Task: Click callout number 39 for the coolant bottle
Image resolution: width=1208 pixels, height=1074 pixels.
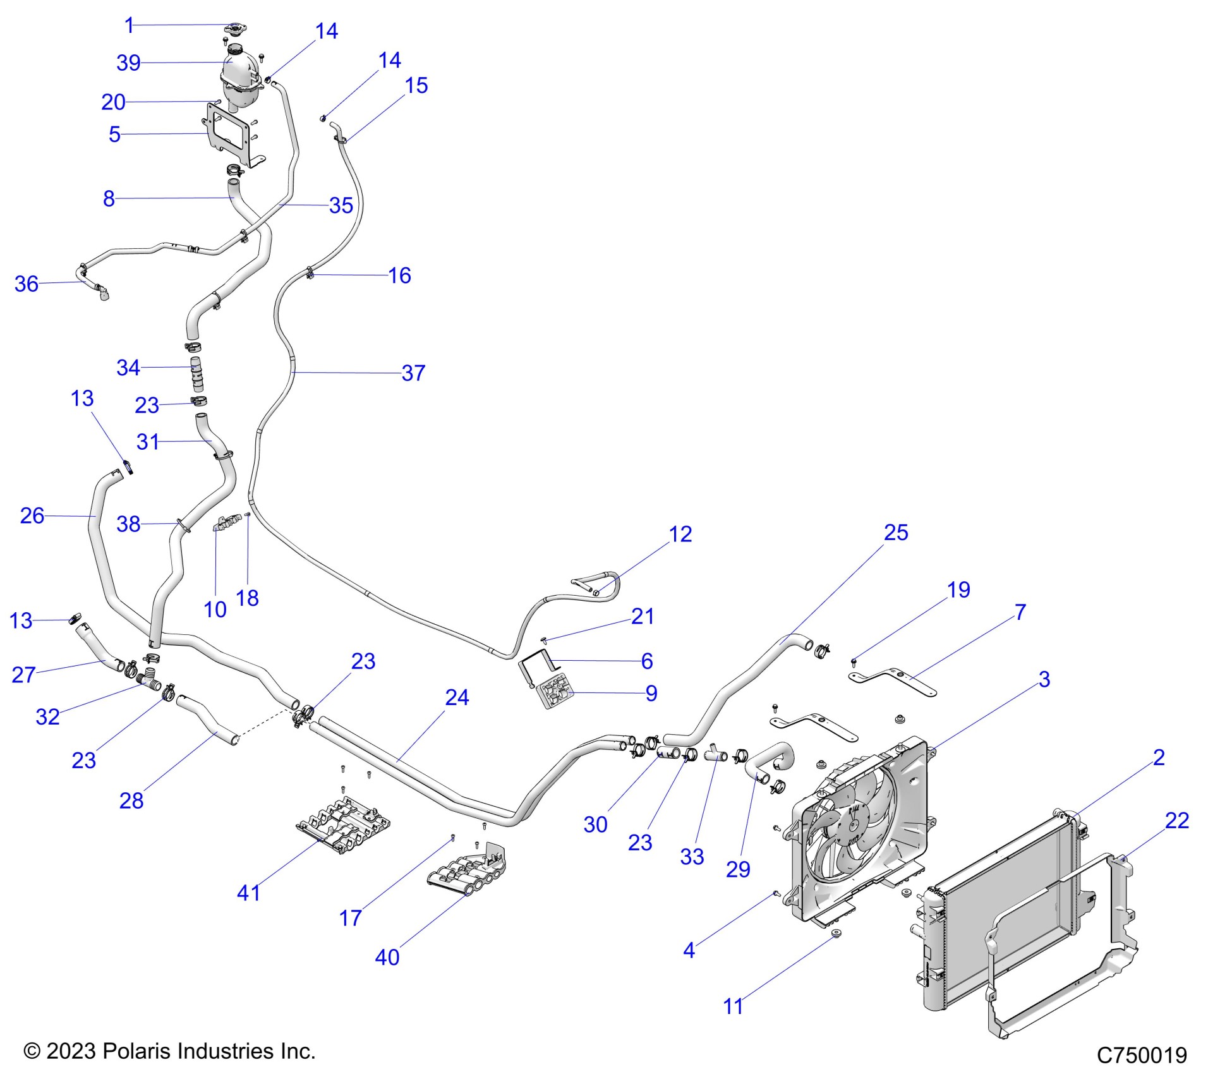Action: click(128, 63)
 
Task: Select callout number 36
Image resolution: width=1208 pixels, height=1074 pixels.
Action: click(27, 284)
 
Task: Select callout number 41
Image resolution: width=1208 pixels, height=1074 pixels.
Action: click(248, 893)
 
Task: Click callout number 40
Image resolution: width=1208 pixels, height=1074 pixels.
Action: click(387, 957)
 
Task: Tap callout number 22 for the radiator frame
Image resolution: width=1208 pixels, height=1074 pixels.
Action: click(1177, 821)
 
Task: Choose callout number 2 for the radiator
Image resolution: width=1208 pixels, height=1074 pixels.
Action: click(1159, 757)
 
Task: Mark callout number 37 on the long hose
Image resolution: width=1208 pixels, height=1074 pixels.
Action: click(413, 373)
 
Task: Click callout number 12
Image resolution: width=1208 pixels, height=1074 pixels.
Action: click(680, 534)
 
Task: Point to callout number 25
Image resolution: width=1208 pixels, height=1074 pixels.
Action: click(896, 533)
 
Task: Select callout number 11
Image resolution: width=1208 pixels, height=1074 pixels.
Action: click(733, 1006)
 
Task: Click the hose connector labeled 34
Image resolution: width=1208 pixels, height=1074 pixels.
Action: click(196, 373)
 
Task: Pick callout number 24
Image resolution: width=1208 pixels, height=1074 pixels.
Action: click(457, 697)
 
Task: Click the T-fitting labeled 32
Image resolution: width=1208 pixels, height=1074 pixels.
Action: click(149, 680)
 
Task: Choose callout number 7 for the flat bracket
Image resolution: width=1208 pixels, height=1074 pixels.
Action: click(1020, 612)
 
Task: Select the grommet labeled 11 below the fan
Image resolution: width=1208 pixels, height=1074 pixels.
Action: click(836, 934)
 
